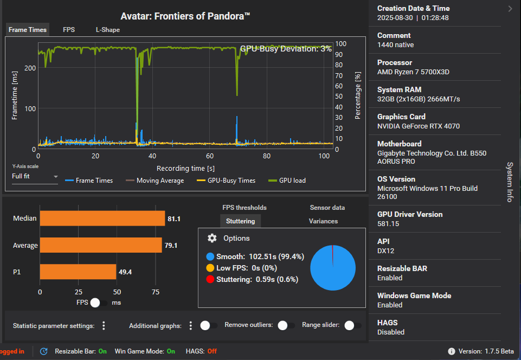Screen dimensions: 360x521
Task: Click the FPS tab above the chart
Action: tap(69, 30)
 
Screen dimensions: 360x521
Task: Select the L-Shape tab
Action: tap(108, 30)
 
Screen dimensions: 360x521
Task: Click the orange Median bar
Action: tap(102, 218)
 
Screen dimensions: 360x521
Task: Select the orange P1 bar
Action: tap(78, 272)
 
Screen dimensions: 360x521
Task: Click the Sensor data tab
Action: tap(327, 208)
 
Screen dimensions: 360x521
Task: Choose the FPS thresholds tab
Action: tap(245, 208)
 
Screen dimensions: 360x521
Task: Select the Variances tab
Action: tap(323, 221)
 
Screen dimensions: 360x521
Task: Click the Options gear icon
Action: tap(212, 239)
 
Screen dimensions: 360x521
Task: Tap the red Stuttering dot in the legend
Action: tap(210, 280)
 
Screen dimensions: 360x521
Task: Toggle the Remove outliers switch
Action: tap(282, 325)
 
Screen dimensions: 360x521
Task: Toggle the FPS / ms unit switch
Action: tap(98, 303)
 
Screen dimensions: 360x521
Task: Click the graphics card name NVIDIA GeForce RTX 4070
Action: tap(418, 126)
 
